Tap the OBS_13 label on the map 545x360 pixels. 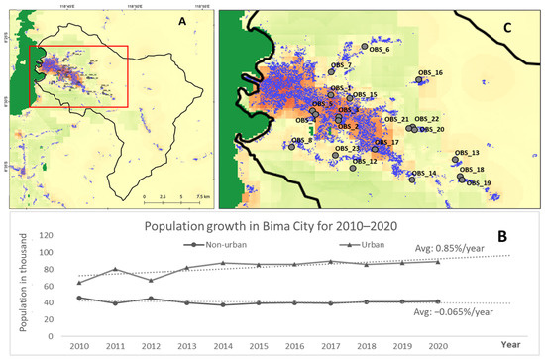466,153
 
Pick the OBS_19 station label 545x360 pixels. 479,183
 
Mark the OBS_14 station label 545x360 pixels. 424,174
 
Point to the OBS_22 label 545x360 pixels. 427,118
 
